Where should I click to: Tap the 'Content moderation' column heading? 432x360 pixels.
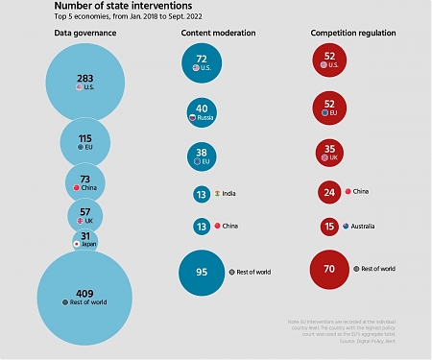(219, 33)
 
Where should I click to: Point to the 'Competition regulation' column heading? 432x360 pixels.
(352, 33)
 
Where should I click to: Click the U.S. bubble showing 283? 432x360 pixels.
(85, 83)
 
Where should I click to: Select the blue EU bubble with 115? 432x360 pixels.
(85, 142)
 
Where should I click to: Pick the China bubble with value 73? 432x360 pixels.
(85, 183)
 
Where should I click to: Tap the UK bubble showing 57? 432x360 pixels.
(85, 214)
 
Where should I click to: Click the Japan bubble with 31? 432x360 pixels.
(85, 240)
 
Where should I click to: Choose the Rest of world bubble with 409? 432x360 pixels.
(84, 297)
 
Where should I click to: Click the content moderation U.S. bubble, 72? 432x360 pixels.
(202, 63)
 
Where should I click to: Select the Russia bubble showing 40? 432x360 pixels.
(202, 113)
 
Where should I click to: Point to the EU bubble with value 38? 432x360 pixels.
(202, 156)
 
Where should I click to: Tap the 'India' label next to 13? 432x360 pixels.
(228, 193)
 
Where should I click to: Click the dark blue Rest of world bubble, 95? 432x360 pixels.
(202, 272)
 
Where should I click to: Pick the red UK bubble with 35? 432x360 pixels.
(330, 153)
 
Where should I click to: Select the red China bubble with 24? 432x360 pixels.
(330, 192)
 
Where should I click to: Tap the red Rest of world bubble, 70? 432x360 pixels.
(330, 270)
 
